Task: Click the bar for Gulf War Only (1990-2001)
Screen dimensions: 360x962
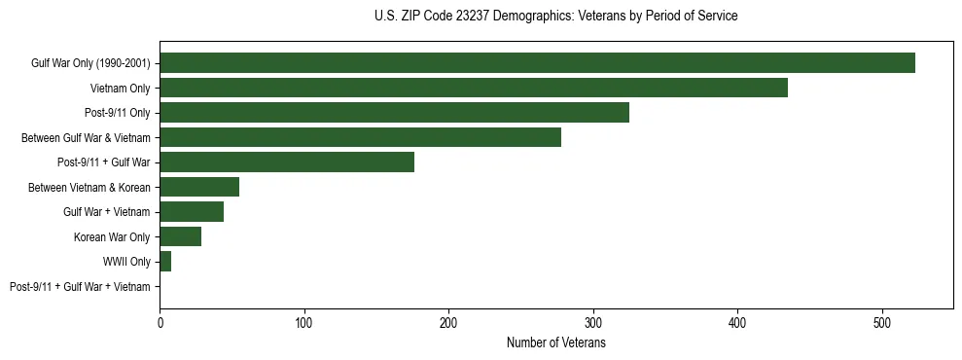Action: coord(537,63)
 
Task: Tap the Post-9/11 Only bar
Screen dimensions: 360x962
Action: coord(394,113)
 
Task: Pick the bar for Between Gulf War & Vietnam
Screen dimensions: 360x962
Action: coord(360,137)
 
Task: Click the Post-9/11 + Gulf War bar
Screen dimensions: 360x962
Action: coord(287,162)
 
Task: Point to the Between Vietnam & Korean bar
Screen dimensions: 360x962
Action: coord(199,187)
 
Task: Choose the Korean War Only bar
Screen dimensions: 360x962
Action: coord(181,236)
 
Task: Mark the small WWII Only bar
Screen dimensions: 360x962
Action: coord(165,262)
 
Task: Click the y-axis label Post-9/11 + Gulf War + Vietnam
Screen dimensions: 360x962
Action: coord(80,287)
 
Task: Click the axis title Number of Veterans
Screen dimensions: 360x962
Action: coord(555,342)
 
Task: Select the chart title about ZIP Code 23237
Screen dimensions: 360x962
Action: coord(555,17)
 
